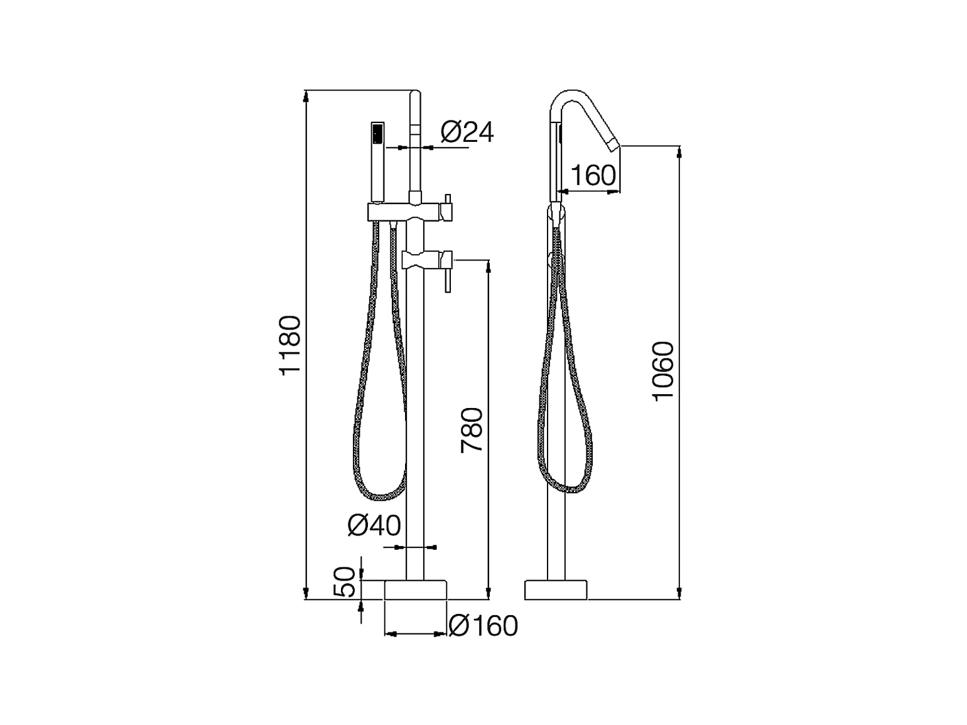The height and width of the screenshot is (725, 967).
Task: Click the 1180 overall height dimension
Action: (290, 345)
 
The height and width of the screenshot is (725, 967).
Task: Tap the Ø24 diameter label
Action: (467, 132)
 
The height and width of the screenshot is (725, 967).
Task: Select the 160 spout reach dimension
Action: (593, 175)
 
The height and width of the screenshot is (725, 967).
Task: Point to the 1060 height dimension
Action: (663, 371)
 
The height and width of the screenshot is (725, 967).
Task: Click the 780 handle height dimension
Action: (472, 430)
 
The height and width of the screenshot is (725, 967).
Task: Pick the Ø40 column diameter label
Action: (374, 525)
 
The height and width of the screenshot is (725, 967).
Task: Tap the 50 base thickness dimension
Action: (344, 581)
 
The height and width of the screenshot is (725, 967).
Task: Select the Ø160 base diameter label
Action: (483, 626)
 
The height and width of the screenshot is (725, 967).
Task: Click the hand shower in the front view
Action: (377, 162)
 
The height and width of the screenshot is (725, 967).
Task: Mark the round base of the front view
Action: (416, 590)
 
